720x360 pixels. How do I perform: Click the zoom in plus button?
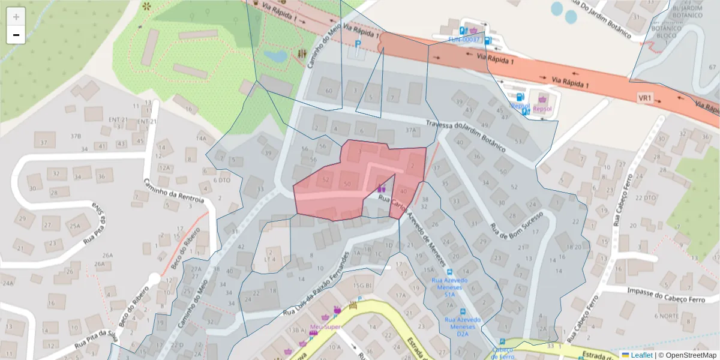16,17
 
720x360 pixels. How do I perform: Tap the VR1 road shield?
645,98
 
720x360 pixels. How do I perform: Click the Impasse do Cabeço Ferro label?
666,291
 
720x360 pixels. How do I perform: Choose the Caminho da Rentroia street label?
175,191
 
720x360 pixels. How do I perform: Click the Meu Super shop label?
325,327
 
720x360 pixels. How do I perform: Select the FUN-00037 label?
465,40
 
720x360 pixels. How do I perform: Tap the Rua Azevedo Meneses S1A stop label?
449,287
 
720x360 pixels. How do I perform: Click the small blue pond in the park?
275,56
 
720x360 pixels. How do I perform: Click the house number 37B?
76,136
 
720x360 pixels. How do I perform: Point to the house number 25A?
74,226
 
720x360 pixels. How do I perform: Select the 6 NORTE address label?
666,316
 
